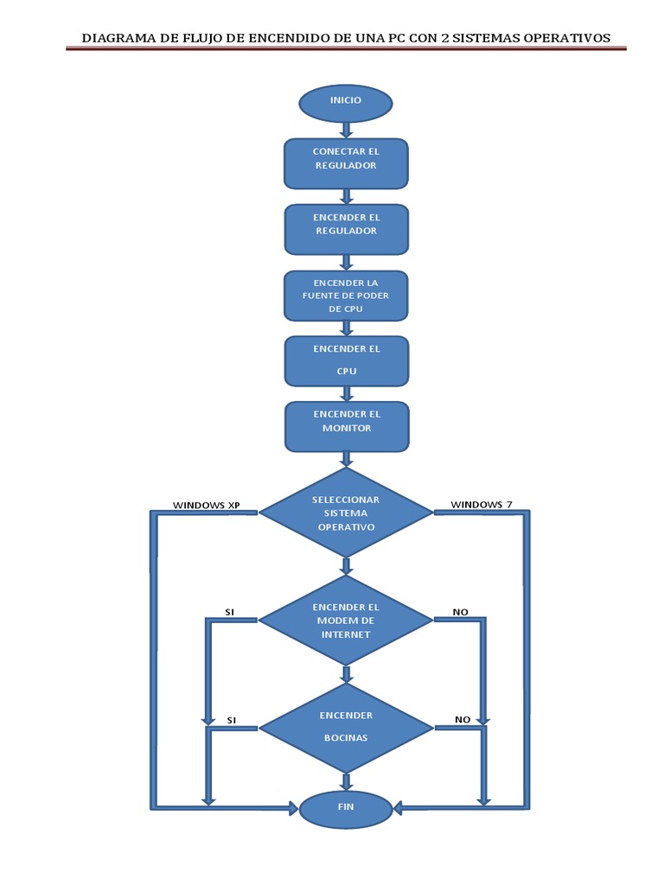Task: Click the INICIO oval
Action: (346, 102)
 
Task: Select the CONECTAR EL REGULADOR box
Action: (346, 163)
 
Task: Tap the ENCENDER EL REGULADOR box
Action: (346, 229)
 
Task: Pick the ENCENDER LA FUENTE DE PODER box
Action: (346, 296)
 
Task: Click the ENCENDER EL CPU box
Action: (346, 360)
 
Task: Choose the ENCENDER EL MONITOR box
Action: (346, 426)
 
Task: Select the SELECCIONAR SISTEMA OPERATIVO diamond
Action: (346, 513)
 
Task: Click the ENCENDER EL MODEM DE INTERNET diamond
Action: (346, 621)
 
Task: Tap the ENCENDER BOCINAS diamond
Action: (346, 728)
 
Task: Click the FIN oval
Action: (346, 807)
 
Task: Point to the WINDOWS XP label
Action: (206, 505)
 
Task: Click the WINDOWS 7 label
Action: (482, 505)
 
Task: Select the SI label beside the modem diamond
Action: (230, 612)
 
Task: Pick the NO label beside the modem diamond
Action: (461, 612)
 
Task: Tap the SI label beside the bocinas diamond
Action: (232, 719)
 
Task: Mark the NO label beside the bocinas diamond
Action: (463, 719)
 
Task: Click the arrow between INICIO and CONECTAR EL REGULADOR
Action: (347, 130)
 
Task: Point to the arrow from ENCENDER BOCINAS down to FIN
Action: (347, 781)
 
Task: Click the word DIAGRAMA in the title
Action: (116, 38)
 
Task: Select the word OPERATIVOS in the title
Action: (568, 38)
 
